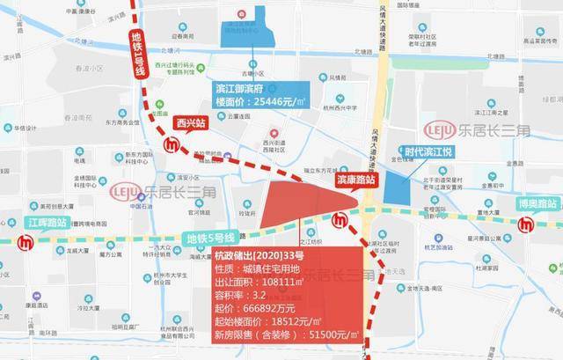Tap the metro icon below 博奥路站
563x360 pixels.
coord(530,226)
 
